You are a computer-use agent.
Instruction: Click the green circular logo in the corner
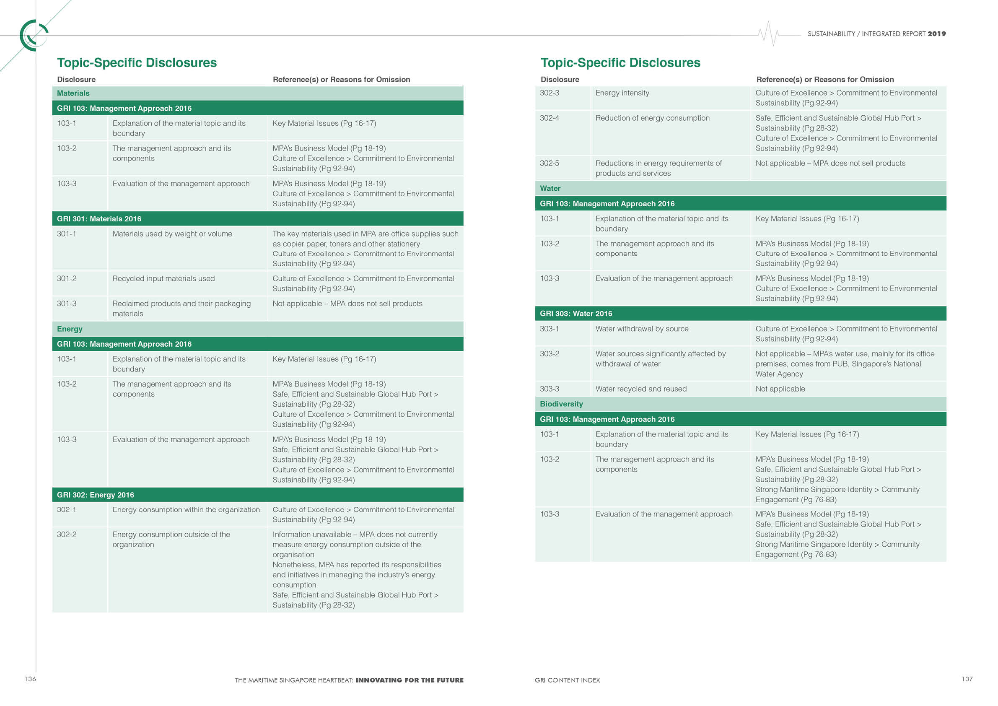pyautogui.click(x=33, y=35)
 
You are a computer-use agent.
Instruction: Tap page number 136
pyautogui.click(x=30, y=679)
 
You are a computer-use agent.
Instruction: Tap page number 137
pyautogui.click(x=967, y=679)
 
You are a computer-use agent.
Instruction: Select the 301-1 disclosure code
pyautogui.click(x=67, y=234)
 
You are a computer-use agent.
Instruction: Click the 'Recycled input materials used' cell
pyautogui.click(x=163, y=279)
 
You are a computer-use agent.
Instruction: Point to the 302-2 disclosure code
pyautogui.click(x=67, y=535)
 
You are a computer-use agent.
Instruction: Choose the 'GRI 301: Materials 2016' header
pyautogui.click(x=99, y=219)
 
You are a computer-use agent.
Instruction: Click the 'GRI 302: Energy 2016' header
pyautogui.click(x=96, y=495)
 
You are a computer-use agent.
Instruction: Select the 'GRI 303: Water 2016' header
pyautogui.click(x=576, y=314)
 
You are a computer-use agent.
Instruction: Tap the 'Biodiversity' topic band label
pyautogui.click(x=561, y=404)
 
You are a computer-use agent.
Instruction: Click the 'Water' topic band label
pyautogui.click(x=550, y=188)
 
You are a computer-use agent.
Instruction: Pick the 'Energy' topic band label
pyautogui.click(x=70, y=329)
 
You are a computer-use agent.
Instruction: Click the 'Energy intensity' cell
pyautogui.click(x=622, y=93)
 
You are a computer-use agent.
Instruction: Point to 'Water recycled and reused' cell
pyautogui.click(x=641, y=389)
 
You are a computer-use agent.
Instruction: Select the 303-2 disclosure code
pyautogui.click(x=550, y=354)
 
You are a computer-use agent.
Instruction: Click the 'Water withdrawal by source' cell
pyautogui.click(x=642, y=329)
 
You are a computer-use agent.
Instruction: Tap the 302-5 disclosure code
pyautogui.click(x=550, y=164)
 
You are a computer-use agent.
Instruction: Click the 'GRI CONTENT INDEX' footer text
pyautogui.click(x=567, y=680)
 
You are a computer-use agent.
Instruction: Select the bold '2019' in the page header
pyautogui.click(x=936, y=34)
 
